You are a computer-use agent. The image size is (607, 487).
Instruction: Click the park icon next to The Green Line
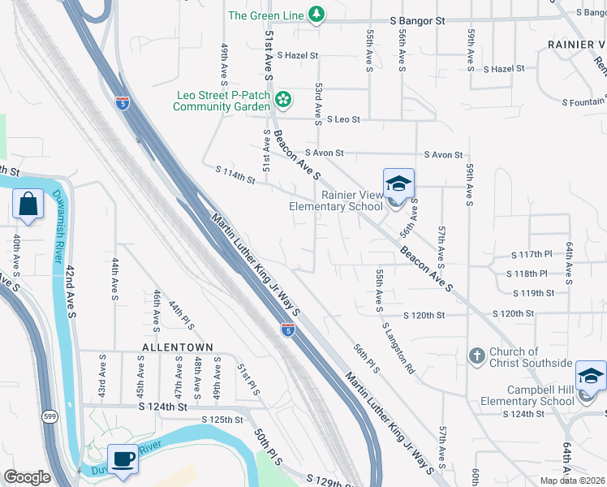click(x=316, y=15)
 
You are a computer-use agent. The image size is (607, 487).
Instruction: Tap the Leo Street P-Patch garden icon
click(x=283, y=100)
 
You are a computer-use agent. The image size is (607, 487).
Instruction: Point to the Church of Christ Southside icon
click(x=478, y=356)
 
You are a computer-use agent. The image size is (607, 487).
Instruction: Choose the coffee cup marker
click(x=123, y=459)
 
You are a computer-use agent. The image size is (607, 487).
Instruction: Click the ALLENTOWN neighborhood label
click(x=177, y=347)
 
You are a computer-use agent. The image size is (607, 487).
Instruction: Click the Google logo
click(x=27, y=477)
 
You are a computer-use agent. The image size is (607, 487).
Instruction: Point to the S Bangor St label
click(x=418, y=19)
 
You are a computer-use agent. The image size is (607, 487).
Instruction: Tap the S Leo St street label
click(x=342, y=119)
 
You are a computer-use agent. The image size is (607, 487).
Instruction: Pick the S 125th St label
click(x=222, y=420)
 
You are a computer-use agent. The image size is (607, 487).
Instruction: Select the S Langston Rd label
click(x=398, y=348)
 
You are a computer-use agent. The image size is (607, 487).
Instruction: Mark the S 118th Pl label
click(x=531, y=274)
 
